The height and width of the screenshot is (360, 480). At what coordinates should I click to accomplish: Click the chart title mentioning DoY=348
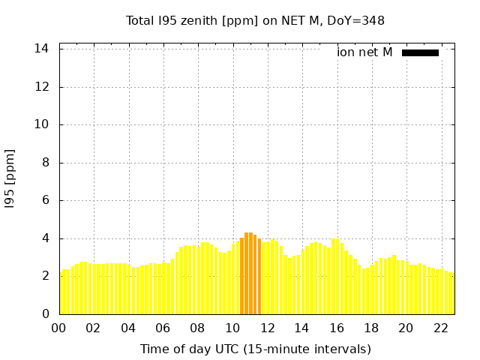[255, 20]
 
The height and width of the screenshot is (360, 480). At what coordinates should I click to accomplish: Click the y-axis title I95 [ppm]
[10, 178]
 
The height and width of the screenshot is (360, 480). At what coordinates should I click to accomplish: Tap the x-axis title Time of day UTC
[255, 349]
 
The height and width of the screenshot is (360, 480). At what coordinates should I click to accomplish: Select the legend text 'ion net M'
[364, 52]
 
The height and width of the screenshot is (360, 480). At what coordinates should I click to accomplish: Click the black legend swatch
[420, 52]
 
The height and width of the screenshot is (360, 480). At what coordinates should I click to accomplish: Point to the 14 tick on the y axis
[42, 49]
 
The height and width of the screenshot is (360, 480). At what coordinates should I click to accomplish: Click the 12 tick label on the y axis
[42, 87]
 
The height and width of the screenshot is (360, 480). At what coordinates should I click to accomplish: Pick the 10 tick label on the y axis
[42, 124]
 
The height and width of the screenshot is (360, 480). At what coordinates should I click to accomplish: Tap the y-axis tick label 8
[46, 163]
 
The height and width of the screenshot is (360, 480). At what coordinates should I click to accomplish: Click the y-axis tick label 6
[46, 200]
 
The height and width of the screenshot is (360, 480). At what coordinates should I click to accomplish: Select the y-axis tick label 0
[46, 314]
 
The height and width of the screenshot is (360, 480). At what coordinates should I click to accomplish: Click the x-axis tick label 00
[59, 328]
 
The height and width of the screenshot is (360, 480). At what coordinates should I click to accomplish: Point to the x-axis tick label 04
[128, 328]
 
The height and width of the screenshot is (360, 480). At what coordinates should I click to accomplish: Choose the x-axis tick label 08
[198, 328]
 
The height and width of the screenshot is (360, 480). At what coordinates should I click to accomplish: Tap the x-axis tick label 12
[267, 328]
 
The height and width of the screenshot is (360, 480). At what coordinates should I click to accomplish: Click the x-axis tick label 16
[337, 328]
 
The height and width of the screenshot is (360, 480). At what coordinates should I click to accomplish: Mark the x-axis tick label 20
[406, 328]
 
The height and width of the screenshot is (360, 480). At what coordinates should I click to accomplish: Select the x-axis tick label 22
[440, 328]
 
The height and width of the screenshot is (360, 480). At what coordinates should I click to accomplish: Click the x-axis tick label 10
[232, 328]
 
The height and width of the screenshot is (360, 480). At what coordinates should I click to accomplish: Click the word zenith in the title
[194, 20]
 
